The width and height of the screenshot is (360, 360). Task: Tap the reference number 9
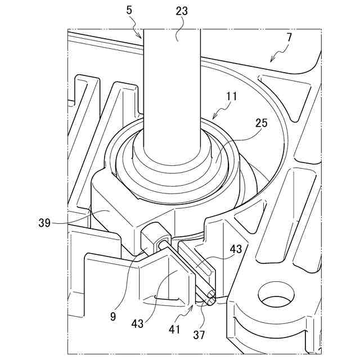(113, 316)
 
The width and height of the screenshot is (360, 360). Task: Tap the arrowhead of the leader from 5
(143, 37)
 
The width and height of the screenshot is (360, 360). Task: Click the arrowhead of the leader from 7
(271, 61)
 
